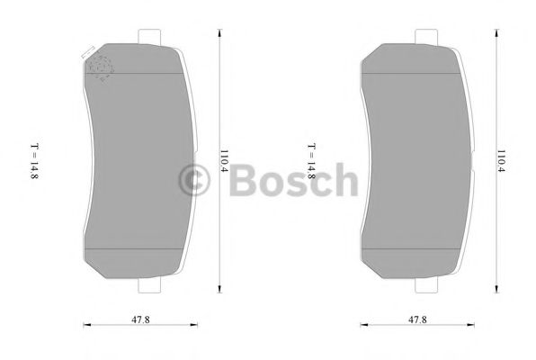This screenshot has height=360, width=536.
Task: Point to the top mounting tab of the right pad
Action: (425, 36)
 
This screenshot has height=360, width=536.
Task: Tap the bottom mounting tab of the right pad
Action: (425, 288)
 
